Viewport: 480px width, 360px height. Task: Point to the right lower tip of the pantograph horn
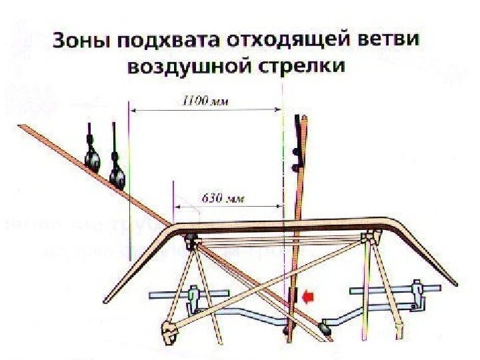tap(456, 285)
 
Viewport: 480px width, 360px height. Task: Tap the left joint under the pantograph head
tap(191, 241)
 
